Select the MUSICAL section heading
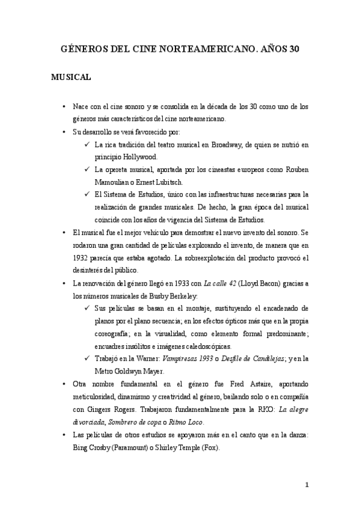pos(71,78)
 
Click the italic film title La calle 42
pos(223,283)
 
